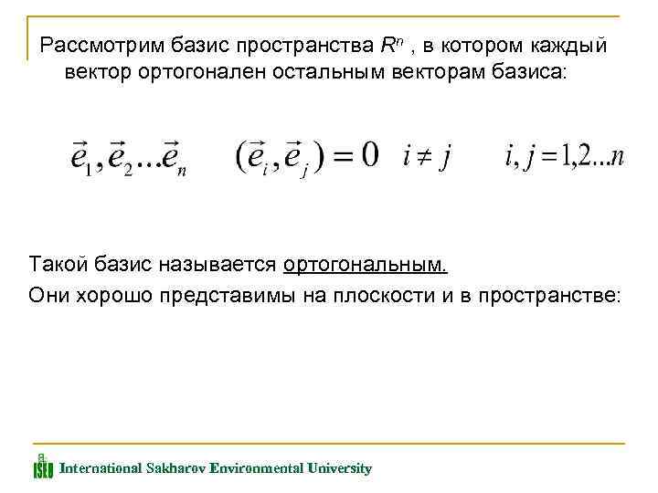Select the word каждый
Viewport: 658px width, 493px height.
[568, 45]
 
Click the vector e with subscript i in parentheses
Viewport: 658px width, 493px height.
[260, 157]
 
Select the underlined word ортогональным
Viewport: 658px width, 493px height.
[366, 266]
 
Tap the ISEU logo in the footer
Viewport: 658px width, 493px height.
[43, 465]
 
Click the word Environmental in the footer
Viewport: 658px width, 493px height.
[257, 468]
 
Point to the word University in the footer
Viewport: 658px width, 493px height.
[340, 468]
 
